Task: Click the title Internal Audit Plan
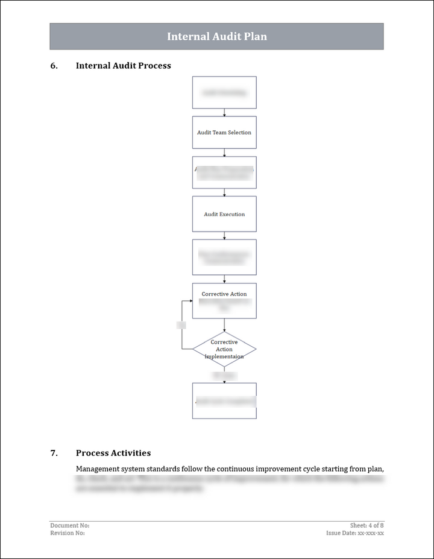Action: click(216, 37)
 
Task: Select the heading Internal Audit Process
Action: click(123, 66)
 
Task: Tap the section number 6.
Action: click(54, 66)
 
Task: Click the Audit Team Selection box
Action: click(224, 133)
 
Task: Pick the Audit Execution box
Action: click(224, 214)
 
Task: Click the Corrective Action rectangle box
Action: click(224, 300)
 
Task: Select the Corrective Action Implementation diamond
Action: click(224, 349)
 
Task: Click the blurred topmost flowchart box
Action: click(224, 92)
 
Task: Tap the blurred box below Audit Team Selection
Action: click(224, 172)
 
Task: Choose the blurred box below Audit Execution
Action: click(224, 257)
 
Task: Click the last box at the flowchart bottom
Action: click(224, 400)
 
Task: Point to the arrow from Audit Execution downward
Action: click(224, 236)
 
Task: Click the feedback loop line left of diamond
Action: click(182, 326)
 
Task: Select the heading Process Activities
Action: click(113, 453)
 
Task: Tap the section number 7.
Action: click(54, 453)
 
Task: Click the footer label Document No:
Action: click(69, 526)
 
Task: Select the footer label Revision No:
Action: click(68, 533)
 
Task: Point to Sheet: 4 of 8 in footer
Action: click(366, 526)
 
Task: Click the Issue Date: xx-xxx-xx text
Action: click(355, 533)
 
